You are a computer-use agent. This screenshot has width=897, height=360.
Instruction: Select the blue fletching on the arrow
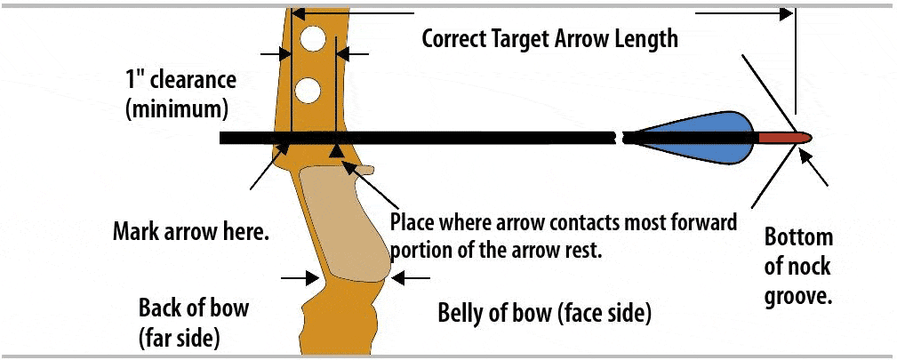click(702, 138)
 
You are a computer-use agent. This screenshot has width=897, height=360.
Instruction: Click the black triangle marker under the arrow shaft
click(336, 152)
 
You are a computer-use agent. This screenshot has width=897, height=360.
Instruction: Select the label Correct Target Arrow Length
click(549, 39)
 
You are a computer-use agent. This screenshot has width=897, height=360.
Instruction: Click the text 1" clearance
click(181, 80)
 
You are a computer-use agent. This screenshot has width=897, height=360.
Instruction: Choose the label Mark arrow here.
click(191, 233)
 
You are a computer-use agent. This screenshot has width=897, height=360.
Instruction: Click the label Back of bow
click(194, 308)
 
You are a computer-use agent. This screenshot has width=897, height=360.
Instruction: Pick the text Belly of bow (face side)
click(545, 313)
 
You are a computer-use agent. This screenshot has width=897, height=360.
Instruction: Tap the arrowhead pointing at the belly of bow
click(396, 278)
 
